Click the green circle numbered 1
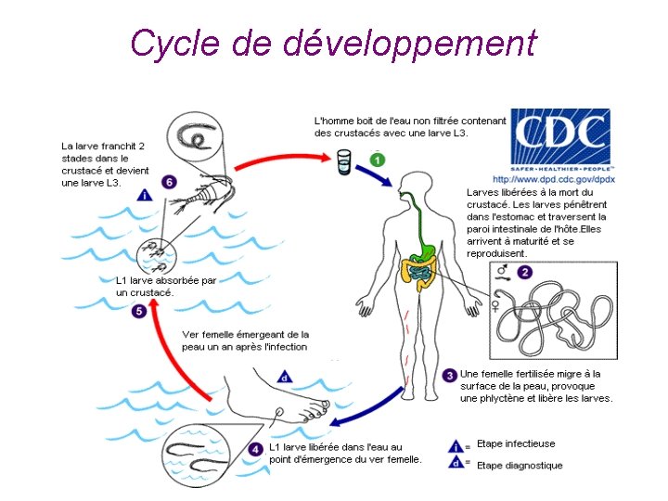377,161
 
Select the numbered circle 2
524,273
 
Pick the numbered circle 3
450,375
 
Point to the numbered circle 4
256,449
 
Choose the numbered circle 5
138,312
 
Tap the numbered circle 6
168,182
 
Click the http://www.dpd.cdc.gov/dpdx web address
553,179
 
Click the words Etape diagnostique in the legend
520,465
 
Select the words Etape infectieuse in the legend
515,444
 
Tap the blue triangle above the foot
286,378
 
